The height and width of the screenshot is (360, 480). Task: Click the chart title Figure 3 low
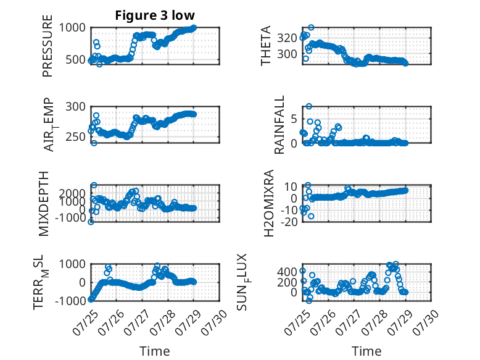[x=155, y=15]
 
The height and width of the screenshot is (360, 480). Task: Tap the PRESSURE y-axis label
[x=48, y=46]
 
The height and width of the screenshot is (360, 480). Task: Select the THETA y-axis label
[x=266, y=46]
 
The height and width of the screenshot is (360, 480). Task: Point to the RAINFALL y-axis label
[x=279, y=125]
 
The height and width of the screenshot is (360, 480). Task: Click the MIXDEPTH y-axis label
[x=44, y=204]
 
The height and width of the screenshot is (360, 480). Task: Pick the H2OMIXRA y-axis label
[x=268, y=203]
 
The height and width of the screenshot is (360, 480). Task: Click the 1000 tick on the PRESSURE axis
[x=72, y=28]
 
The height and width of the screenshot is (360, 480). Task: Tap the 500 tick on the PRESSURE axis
[x=76, y=59]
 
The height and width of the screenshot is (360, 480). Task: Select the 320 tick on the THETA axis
[x=287, y=38]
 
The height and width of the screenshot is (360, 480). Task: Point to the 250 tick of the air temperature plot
[x=76, y=136]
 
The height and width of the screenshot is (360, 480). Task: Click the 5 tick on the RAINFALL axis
[x=294, y=119]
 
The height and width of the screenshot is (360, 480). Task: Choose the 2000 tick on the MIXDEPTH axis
[x=72, y=193]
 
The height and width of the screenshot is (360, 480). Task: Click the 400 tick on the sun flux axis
[x=287, y=272]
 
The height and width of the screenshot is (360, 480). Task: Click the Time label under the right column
[x=366, y=351]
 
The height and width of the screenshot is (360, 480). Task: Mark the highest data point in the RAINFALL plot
[x=309, y=106]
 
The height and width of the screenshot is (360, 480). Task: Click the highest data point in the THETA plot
[x=311, y=28]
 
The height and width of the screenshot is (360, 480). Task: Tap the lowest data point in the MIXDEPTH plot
[x=91, y=222]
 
